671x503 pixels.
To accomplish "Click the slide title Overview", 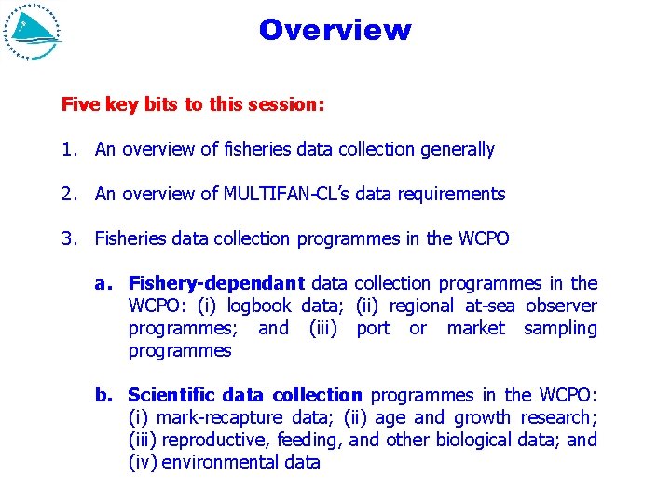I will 335,30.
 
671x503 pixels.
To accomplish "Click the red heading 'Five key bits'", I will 192,104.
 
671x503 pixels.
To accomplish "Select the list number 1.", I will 68,149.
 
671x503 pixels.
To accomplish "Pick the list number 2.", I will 68,194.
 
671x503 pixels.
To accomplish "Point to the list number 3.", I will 68,238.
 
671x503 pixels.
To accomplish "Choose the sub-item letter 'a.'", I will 104,283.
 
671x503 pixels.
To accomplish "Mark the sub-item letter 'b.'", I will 104,395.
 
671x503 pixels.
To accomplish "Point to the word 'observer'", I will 560,306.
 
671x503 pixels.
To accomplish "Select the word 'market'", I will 475,328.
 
